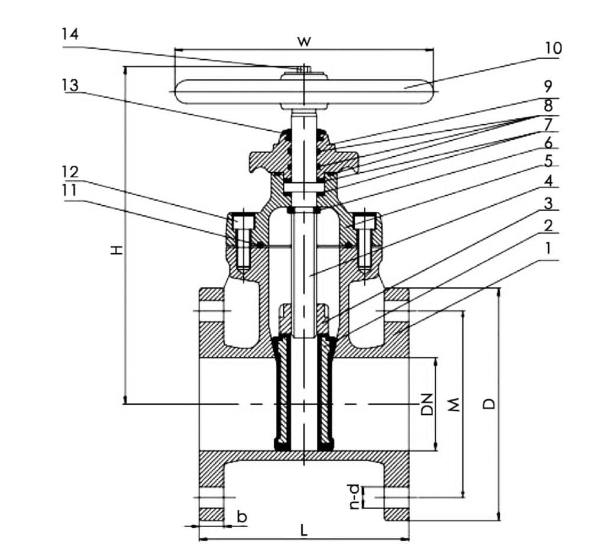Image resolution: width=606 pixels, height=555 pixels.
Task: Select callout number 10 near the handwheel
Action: pos(553,47)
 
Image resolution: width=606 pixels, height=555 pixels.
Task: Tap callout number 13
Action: pos(70,85)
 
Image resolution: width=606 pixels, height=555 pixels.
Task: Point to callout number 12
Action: pos(70,172)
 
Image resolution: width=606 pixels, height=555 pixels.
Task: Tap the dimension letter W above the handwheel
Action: pos(304,41)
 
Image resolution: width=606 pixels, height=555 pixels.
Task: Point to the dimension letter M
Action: pos(453,404)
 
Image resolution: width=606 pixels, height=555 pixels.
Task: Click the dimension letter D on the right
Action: pos(489,404)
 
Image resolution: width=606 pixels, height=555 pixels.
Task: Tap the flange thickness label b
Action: pos(241,517)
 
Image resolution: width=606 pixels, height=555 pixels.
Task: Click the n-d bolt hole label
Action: pos(354,497)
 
